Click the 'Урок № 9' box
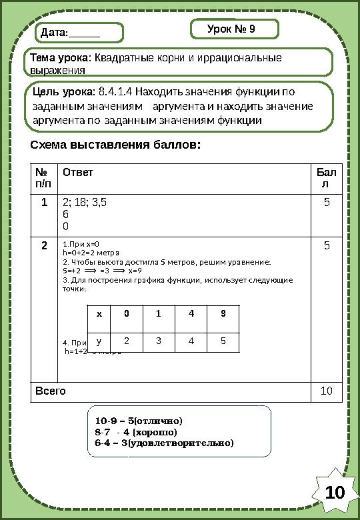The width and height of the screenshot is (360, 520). [234, 29]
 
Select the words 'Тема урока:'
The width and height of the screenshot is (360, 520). [61, 57]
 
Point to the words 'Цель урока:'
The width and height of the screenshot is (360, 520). [64, 91]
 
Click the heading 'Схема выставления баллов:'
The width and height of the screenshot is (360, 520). [115, 145]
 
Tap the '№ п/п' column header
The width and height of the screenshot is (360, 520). [43, 177]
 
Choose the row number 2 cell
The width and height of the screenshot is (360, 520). [43, 245]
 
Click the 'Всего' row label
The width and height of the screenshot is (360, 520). [50, 390]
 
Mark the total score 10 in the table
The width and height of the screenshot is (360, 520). [327, 390]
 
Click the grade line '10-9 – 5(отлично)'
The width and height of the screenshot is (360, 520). [138, 421]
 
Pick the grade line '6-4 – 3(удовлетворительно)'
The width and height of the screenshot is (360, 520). [165, 442]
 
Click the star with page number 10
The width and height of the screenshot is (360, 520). [335, 493]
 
